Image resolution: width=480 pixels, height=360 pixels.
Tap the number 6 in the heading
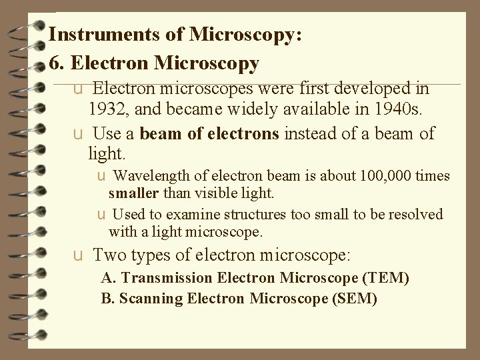[54, 63]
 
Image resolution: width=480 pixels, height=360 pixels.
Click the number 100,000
[385, 177]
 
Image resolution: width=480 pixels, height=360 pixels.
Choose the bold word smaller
[133, 193]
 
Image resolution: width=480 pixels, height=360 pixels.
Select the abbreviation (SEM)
[353, 299]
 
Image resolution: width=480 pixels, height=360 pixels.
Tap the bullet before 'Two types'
[79, 255]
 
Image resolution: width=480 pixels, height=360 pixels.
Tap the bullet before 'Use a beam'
[79, 134]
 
